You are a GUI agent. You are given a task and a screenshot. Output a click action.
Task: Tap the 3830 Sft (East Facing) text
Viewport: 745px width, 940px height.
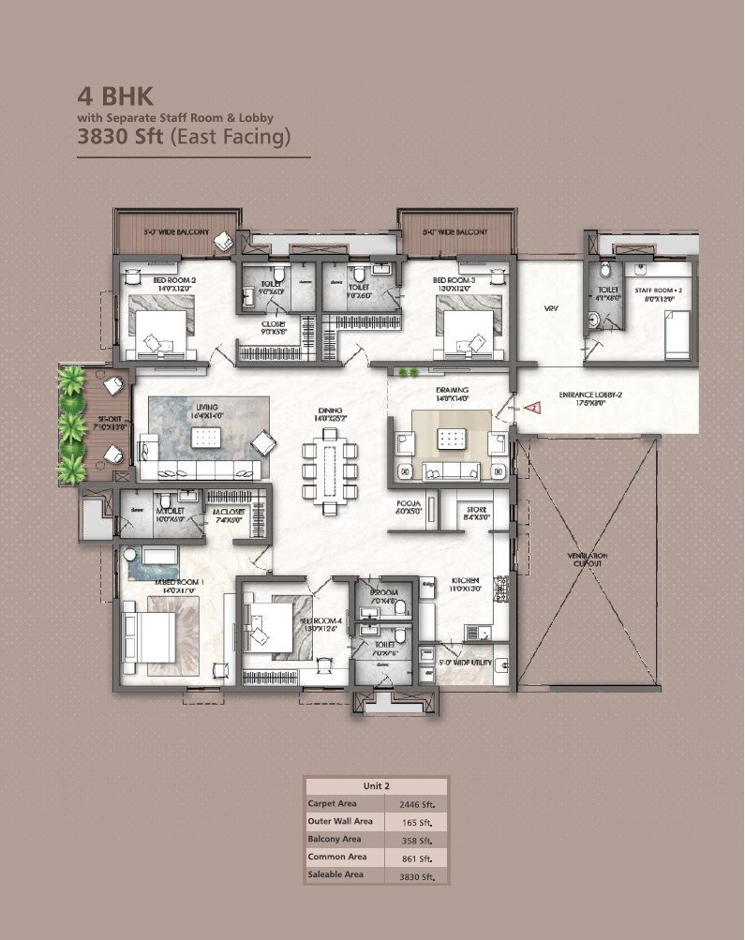tap(184, 136)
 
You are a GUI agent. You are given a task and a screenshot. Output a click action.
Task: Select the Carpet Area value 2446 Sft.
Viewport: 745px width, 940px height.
tap(416, 804)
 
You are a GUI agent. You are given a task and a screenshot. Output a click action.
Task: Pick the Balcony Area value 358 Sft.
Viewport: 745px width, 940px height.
tap(416, 840)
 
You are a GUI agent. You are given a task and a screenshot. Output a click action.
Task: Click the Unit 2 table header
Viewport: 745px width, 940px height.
tap(376, 785)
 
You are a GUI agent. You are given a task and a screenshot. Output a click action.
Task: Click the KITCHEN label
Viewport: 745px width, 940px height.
tap(459, 584)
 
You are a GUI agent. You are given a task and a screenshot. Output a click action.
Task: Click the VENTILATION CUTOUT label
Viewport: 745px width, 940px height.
tap(588, 560)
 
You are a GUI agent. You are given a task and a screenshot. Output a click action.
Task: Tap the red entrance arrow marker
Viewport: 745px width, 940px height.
tap(531, 408)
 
